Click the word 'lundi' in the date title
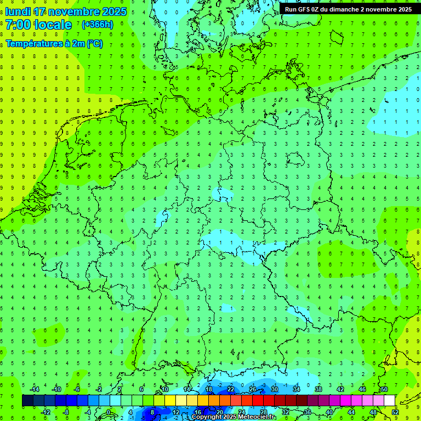tap(18, 12)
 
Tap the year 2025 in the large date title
tap(110, 12)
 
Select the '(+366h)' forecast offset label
tap(98, 25)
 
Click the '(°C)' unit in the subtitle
tap(93, 44)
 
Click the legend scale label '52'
tap(395, 412)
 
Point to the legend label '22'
tap(231, 389)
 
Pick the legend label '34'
tap(297, 389)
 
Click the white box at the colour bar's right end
tap(390, 401)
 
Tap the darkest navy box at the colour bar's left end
tap(27, 401)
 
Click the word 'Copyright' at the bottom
tap(207, 417)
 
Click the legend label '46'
tap(362, 389)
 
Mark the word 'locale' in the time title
tap(53, 25)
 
